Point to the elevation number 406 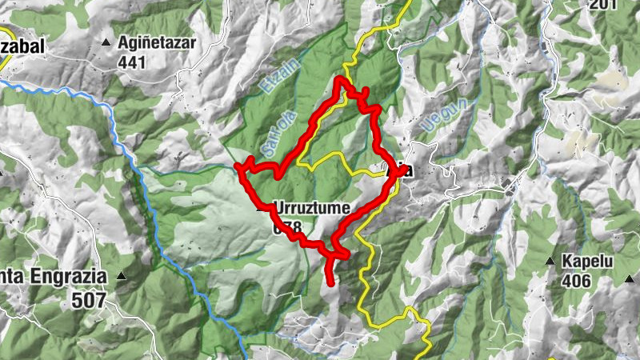[x=576, y=281]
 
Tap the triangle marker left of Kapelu [x=550, y=262]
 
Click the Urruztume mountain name [x=312, y=209]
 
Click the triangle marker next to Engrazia [x=121, y=277]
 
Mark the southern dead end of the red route [x=331, y=283]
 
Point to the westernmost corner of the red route [x=237, y=166]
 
